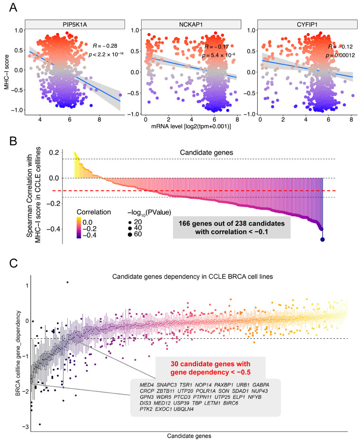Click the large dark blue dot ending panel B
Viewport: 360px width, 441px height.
point(323,239)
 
